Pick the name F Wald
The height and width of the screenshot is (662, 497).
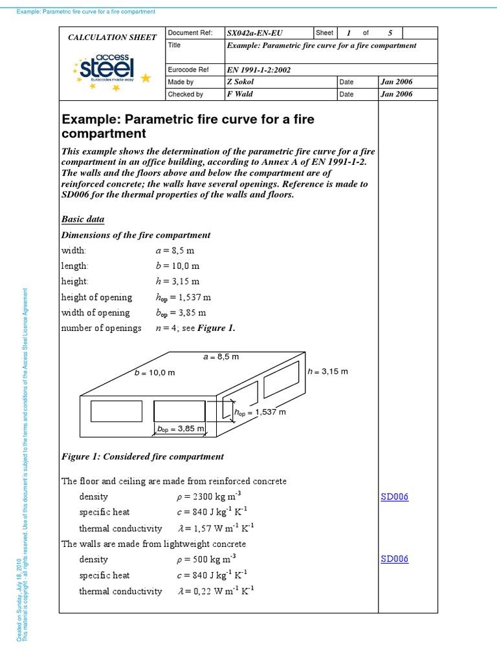pyautogui.click(x=240, y=94)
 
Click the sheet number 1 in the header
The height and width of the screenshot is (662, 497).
pyautogui.click(x=348, y=33)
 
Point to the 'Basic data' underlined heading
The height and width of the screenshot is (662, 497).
pyautogui.click(x=83, y=219)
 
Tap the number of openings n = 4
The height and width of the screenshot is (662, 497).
pyautogui.click(x=171, y=328)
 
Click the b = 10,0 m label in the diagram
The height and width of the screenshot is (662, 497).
pyautogui.click(x=155, y=373)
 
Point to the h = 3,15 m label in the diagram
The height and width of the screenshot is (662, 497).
pyautogui.click(x=327, y=372)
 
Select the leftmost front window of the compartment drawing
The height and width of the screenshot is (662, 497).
pyautogui.click(x=112, y=411)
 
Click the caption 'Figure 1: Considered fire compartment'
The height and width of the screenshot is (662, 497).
pyautogui.click(x=142, y=456)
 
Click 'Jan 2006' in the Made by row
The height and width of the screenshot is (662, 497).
pyautogui.click(x=397, y=82)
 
